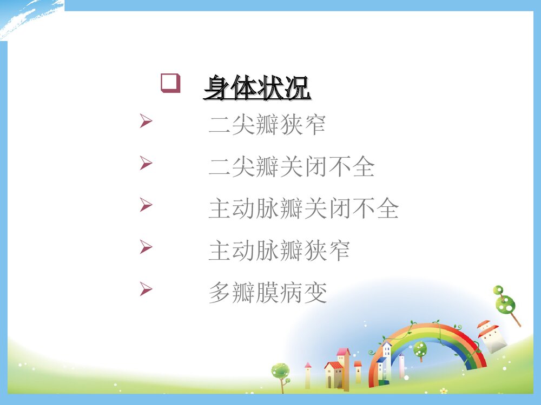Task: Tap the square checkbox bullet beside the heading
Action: (x=170, y=84)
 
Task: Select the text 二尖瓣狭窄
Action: (x=267, y=126)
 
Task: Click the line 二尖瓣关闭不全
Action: (x=291, y=167)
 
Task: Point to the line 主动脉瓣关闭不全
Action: (x=304, y=209)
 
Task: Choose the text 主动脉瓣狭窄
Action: (x=279, y=251)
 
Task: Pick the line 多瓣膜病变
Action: (x=267, y=292)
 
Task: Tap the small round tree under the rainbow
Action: (x=420, y=349)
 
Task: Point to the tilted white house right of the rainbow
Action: (x=491, y=336)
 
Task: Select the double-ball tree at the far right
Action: (x=505, y=302)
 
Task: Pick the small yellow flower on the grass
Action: (x=444, y=390)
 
